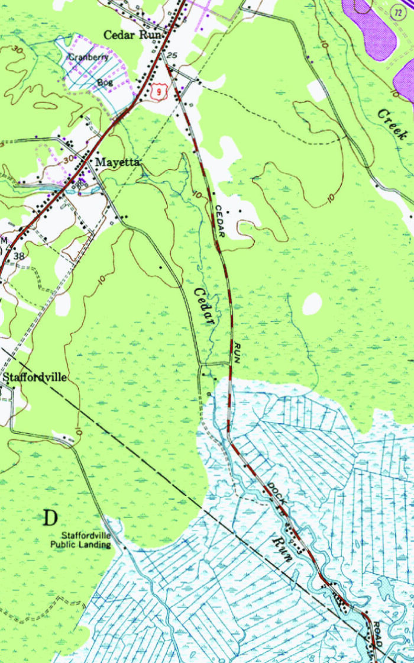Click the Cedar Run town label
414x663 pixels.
click(129, 35)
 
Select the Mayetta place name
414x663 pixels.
click(118, 162)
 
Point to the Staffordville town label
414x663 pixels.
click(35, 377)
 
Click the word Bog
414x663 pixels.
click(104, 82)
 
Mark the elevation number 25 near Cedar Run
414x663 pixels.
click(172, 55)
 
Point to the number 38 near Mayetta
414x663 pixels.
click(20, 256)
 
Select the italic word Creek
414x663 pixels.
click(392, 124)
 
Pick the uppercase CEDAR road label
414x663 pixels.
click(220, 221)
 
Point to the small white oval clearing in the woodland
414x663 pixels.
click(312, 304)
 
